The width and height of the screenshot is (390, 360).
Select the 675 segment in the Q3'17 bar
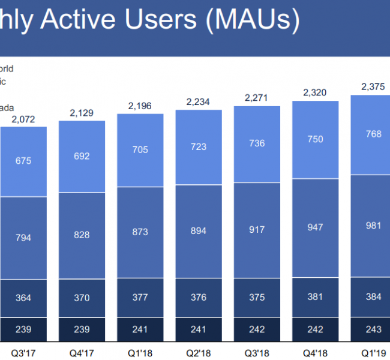[23, 161]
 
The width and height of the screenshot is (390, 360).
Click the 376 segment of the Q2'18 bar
[199, 298]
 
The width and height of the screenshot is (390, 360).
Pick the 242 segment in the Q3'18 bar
[257, 330]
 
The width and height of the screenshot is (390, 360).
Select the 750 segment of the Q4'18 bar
[315, 139]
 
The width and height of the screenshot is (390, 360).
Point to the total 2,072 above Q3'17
[23, 119]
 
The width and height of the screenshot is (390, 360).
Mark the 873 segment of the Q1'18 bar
[140, 230]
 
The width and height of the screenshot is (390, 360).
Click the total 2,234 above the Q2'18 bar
[199, 102]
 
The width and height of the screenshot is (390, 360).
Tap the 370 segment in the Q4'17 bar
[82, 298]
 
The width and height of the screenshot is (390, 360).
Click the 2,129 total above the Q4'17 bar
[82, 113]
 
